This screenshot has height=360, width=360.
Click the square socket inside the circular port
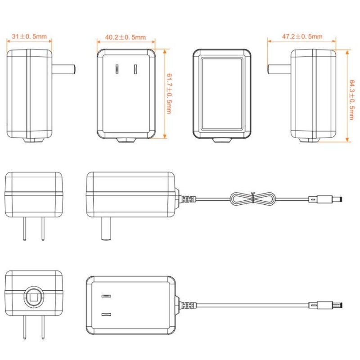[34, 297]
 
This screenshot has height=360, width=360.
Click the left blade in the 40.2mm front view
[117, 70]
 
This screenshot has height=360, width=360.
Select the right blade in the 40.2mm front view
[135, 70]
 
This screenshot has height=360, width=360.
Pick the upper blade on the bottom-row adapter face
[106, 296]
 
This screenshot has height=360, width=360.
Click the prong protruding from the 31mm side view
[63, 70]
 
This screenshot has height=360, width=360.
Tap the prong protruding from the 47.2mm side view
[279, 70]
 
